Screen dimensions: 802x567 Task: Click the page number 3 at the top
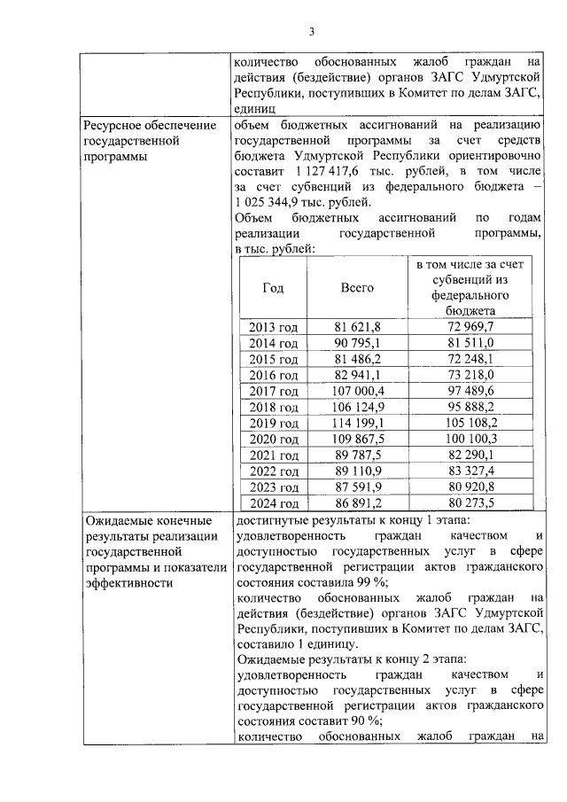pyautogui.click(x=311, y=33)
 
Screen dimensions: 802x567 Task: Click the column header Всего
pyautogui.click(x=357, y=288)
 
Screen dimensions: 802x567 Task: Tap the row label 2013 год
pyautogui.click(x=273, y=328)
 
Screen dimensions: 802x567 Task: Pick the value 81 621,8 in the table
pyautogui.click(x=357, y=328)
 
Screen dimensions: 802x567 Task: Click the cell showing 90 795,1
pyautogui.click(x=357, y=344)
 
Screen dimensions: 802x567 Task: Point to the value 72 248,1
pyautogui.click(x=470, y=359)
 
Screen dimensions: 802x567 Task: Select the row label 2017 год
pyautogui.click(x=273, y=391)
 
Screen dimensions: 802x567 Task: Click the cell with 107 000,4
pyautogui.click(x=357, y=391)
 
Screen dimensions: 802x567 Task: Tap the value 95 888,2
pyautogui.click(x=470, y=407)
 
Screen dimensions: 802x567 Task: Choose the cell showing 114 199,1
pyautogui.click(x=357, y=423)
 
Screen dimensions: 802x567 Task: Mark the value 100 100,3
pyautogui.click(x=470, y=439)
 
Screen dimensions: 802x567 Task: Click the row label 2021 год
pyautogui.click(x=273, y=455)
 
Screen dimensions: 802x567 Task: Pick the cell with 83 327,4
pyautogui.click(x=470, y=471)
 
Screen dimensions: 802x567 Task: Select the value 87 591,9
pyautogui.click(x=357, y=487)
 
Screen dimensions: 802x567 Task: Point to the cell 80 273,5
pyautogui.click(x=470, y=502)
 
